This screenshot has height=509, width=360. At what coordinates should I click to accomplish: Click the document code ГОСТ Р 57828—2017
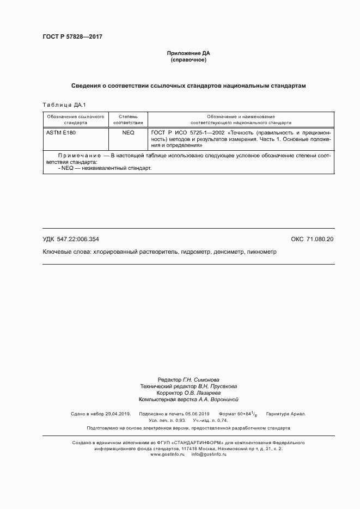72,37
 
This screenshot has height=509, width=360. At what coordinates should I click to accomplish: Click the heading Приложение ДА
188,53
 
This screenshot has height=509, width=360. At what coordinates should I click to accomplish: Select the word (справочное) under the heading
188,60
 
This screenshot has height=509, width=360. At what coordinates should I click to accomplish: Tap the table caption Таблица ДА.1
64,105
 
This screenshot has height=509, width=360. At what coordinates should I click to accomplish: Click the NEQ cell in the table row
129,132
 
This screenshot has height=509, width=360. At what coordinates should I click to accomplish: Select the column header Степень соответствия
129,120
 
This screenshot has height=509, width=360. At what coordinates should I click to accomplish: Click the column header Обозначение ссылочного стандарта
75,120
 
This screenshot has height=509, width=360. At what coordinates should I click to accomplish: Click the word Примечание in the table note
82,156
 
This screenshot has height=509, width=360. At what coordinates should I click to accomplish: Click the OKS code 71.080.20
320,240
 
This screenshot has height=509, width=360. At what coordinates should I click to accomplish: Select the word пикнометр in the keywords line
263,253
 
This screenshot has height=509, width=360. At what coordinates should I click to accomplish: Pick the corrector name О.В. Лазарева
202,393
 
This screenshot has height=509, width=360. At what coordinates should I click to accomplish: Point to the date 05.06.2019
197,414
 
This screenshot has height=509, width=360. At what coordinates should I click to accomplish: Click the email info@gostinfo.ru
209,454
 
